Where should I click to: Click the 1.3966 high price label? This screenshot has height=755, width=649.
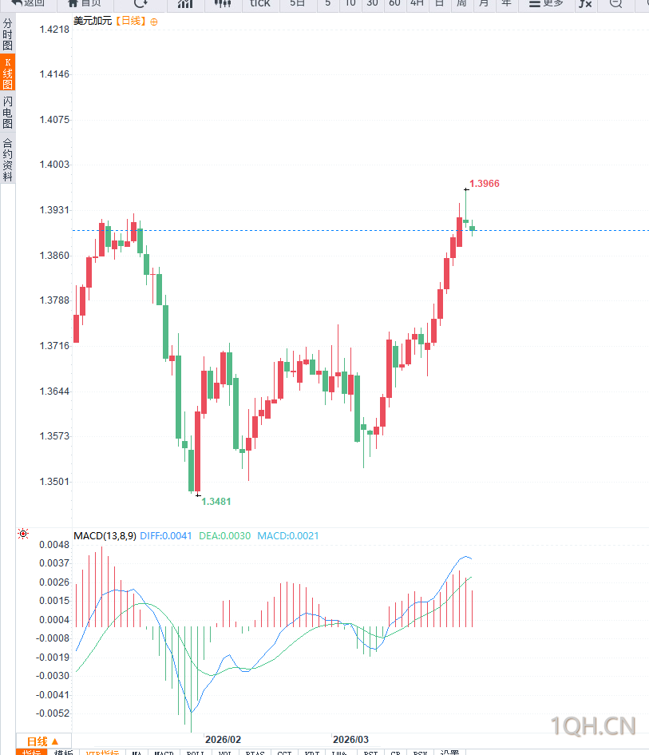tap(485, 184)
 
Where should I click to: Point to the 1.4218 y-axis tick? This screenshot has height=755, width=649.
tap(54, 30)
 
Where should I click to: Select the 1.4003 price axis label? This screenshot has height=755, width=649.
tap(54, 165)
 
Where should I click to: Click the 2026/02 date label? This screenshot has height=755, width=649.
tap(223, 740)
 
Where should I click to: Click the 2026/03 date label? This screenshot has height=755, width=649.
tap(350, 740)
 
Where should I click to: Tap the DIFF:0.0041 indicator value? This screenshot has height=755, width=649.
tap(166, 536)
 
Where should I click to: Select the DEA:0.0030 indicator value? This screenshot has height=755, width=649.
tap(224, 536)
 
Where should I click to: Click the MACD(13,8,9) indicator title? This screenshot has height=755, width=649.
tap(105, 536)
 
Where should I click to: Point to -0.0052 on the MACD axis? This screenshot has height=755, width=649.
tap(53, 713)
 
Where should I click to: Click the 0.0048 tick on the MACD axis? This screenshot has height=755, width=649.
tap(54, 545)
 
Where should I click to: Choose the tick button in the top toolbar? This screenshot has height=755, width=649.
tap(260, 4)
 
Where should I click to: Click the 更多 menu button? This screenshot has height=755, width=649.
tap(547, 4)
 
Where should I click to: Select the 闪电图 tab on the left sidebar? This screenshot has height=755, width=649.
tap(8, 113)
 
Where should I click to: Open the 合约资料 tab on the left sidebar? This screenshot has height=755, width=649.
tap(8, 161)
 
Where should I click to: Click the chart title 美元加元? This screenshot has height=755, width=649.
tap(93, 21)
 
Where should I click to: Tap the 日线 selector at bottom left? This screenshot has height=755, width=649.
tap(43, 741)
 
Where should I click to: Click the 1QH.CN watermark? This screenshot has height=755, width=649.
tap(594, 726)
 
